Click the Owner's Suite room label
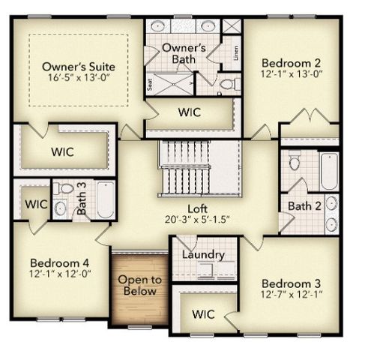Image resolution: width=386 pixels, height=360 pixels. tap(78, 66)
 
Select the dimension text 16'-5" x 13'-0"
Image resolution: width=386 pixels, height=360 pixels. tap(78, 77)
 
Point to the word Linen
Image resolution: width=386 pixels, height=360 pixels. tap(235, 53)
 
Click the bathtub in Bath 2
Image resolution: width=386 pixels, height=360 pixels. tap(329, 172)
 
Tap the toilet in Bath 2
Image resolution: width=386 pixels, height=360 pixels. tap(295, 162)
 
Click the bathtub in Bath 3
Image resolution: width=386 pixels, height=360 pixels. tap(105, 200)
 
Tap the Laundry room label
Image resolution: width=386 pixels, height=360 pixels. tap(203, 254)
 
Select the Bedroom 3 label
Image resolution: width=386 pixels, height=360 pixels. tap(291, 283)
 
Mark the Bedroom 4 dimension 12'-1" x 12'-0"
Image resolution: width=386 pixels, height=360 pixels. tap(60, 274)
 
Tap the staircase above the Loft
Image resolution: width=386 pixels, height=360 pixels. tap(198, 169)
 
